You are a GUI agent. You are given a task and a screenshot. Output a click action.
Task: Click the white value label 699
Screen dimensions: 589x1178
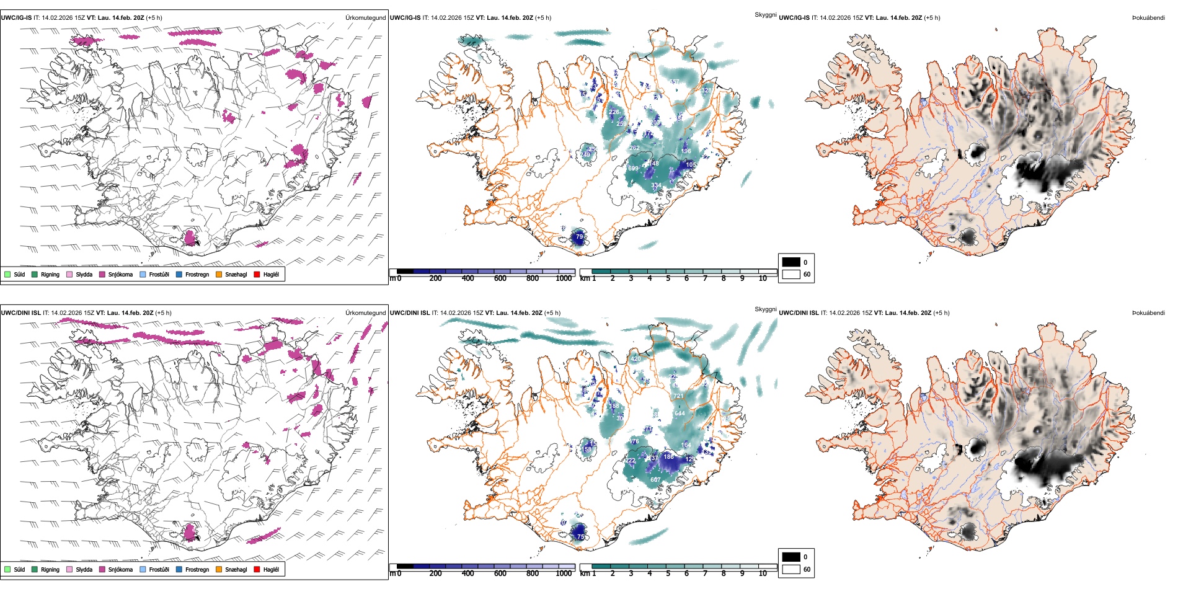click(632, 169)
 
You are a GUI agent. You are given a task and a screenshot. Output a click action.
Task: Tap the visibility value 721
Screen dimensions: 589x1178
click(678, 396)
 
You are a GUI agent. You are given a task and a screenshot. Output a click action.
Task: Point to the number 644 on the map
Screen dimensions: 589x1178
click(680, 414)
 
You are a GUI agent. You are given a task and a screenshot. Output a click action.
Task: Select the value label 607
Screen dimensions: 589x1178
click(655, 480)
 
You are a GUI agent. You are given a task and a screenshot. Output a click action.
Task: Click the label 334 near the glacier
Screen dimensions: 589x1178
click(655, 185)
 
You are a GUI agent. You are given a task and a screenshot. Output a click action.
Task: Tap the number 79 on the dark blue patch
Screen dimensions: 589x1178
click(579, 237)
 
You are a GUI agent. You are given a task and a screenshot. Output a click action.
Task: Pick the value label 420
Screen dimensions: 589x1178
click(635, 359)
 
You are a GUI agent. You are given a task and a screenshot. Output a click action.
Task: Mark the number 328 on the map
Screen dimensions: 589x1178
click(706, 91)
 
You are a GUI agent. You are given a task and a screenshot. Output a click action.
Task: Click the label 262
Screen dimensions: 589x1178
click(634, 148)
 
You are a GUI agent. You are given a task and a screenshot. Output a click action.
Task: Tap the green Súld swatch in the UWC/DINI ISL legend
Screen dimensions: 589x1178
click(7, 570)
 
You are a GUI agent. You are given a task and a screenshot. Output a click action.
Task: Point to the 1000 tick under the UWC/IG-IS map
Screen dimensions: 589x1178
click(564, 278)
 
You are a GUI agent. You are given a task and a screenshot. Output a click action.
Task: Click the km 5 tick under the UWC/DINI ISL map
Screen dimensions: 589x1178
click(668, 573)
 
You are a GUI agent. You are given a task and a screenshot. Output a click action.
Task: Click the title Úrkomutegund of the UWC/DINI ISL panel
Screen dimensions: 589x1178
click(365, 313)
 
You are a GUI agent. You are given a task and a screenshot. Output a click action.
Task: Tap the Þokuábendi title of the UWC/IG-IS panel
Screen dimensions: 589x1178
click(1148, 18)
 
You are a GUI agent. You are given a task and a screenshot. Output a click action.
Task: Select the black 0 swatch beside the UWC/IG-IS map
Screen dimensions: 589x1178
click(790, 262)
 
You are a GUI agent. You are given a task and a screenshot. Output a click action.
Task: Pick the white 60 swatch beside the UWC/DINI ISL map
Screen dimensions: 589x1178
click(790, 569)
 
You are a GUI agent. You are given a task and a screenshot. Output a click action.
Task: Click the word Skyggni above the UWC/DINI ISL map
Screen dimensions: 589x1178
click(765, 309)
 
